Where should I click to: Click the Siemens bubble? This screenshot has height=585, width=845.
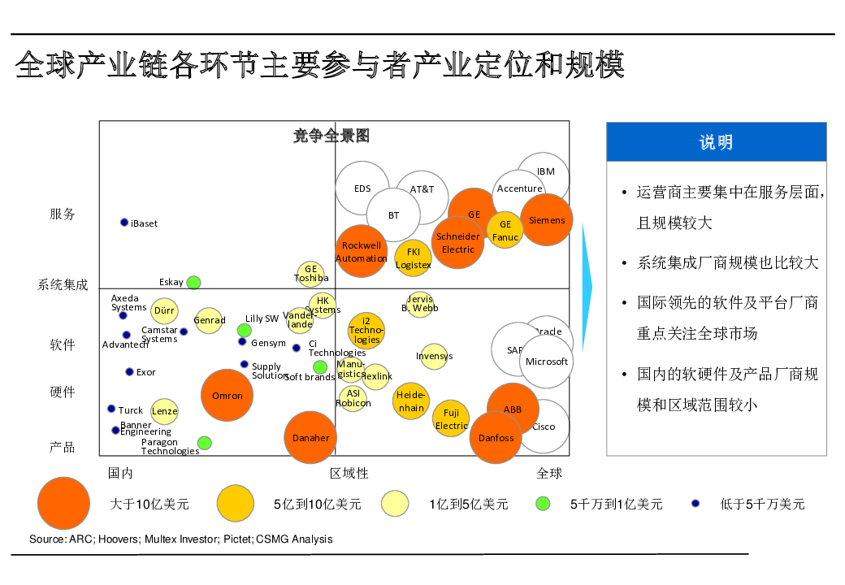click(x=547, y=220)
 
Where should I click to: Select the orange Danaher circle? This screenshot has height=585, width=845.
click(x=310, y=438)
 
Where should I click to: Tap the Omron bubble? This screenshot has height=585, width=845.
click(x=227, y=396)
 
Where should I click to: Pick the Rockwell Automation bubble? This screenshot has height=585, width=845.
click(x=362, y=251)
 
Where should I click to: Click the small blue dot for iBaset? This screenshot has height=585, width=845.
click(x=124, y=223)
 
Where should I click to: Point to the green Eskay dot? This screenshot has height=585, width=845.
click(x=193, y=283)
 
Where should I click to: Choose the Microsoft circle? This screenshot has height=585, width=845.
click(x=546, y=362)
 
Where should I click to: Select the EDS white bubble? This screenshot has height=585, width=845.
click(x=362, y=188)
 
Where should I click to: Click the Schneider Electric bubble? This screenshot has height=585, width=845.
click(x=458, y=242)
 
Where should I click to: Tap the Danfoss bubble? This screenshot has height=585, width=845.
click(x=496, y=438)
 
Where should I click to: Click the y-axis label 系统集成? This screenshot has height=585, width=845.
click(x=63, y=285)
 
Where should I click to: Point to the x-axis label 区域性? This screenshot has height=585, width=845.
click(x=349, y=473)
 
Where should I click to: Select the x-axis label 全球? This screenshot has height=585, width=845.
click(x=549, y=473)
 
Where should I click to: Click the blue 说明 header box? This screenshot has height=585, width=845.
click(x=716, y=142)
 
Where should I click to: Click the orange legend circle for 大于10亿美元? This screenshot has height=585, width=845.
click(x=64, y=504)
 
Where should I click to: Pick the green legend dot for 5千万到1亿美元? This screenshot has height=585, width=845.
click(x=543, y=504)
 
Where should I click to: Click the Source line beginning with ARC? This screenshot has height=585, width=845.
click(x=180, y=539)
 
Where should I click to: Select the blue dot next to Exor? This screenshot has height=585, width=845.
click(x=129, y=372)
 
